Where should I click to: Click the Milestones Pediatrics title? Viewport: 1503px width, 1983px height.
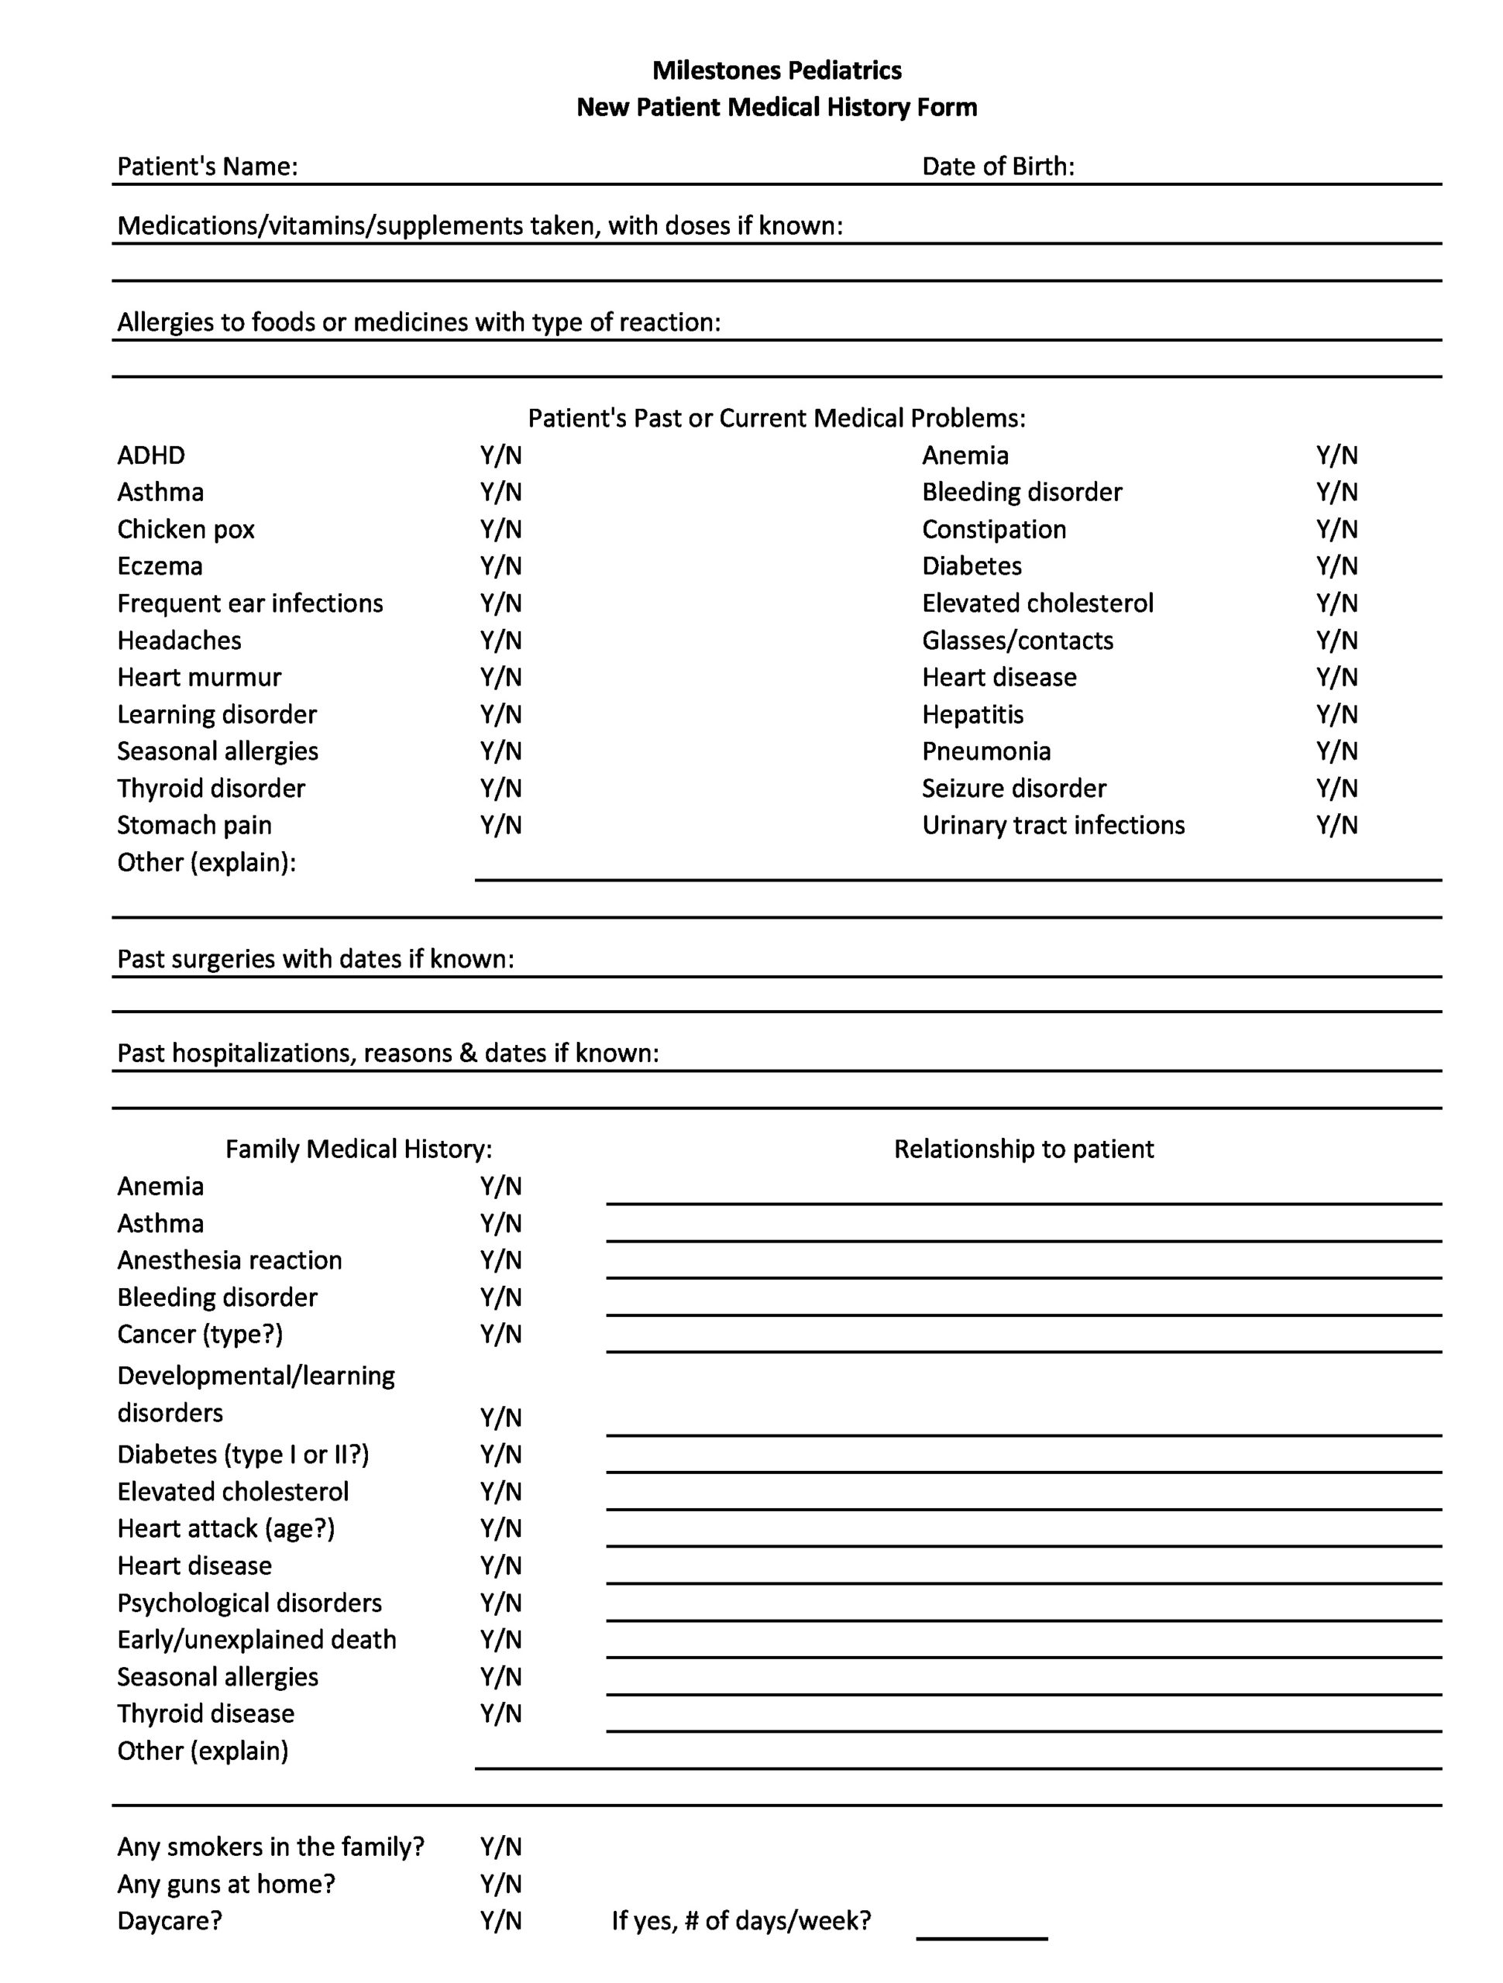point(776,70)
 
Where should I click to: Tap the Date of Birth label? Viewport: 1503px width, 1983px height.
point(997,167)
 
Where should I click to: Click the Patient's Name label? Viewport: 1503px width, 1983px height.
point(207,167)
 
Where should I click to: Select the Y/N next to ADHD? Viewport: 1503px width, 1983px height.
point(500,455)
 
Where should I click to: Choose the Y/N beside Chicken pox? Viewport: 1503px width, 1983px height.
point(500,530)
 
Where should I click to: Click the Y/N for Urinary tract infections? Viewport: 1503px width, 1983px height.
point(1336,826)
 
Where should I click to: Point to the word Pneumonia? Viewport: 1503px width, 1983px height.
point(985,751)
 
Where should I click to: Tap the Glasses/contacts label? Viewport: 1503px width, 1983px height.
point(1017,641)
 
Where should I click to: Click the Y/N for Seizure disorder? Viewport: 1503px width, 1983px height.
point(1336,789)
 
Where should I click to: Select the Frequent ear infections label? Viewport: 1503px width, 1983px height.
point(250,603)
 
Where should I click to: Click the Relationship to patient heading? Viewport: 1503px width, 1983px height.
point(1023,1150)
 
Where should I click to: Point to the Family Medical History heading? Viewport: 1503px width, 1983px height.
point(359,1150)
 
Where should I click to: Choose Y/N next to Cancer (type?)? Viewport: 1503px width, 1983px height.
point(500,1335)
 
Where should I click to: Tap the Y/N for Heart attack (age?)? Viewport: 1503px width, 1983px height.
point(500,1528)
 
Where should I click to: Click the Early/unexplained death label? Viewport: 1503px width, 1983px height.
point(256,1640)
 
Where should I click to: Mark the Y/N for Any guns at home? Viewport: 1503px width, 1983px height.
point(500,1884)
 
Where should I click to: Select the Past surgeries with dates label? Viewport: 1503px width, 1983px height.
point(315,959)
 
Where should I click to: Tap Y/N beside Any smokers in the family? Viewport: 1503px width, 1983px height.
point(500,1847)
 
